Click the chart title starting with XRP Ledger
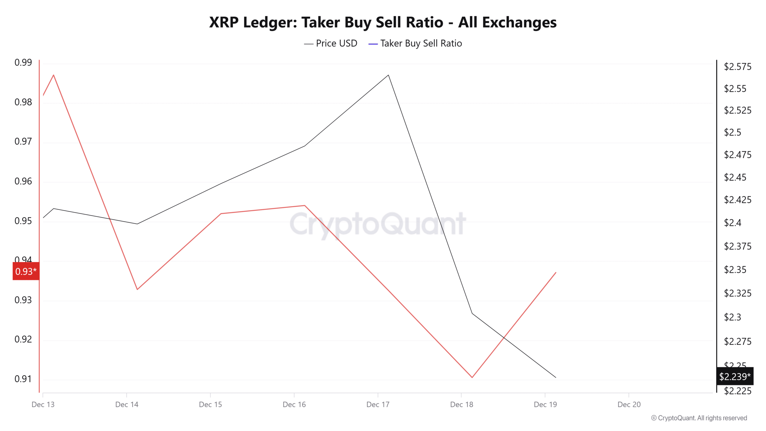pos(383,22)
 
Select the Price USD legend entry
pos(331,43)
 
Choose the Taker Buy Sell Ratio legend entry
pos(415,43)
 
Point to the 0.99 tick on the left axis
pos(23,63)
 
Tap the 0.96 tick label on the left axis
pos(23,181)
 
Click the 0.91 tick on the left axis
pos(23,379)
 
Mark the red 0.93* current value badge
pos(26,271)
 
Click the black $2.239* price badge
pos(735,376)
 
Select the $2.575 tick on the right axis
pos(737,66)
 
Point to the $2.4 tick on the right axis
pos(732,223)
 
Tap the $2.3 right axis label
pos(732,317)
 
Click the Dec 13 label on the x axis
pos(43,405)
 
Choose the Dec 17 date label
pos(378,405)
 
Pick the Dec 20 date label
pos(629,405)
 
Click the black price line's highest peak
pos(388,75)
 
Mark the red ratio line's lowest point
pos(472,377)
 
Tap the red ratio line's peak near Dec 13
pos(54,75)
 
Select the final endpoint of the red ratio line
pos(556,272)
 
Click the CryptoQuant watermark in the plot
pos(378,224)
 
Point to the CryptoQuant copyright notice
pos(699,418)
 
